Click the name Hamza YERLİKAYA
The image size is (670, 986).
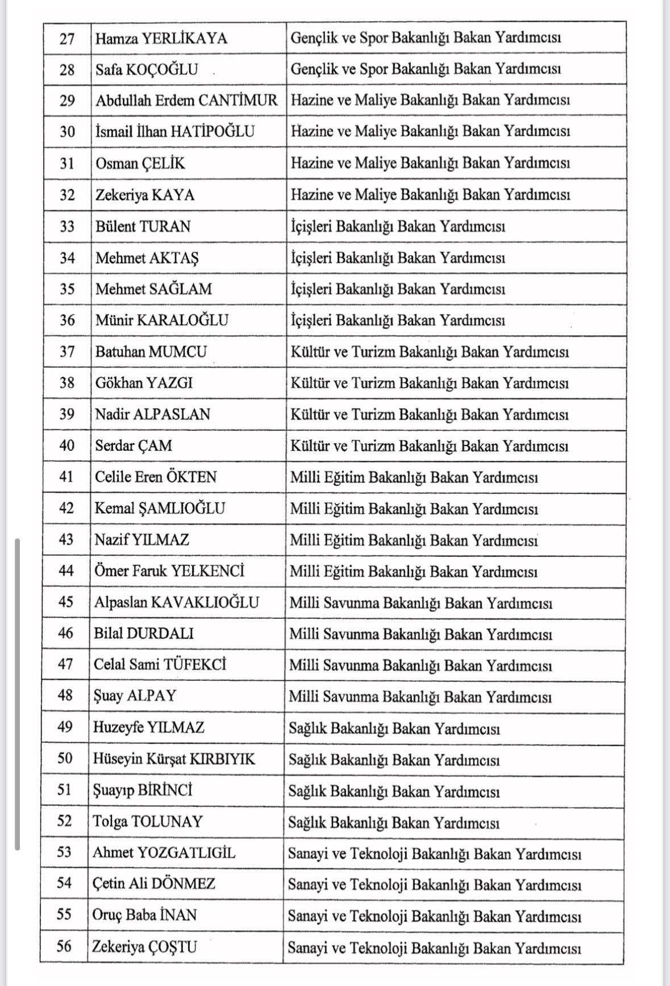pos(161,38)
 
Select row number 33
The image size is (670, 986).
pos(67,226)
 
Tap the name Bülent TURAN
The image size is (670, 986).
pos(143,226)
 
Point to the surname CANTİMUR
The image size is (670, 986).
pos(238,100)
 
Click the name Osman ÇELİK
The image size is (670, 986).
pos(140,163)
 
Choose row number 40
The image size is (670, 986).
pos(66,445)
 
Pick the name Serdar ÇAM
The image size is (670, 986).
pos(134,445)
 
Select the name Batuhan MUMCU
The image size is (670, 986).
pos(151,351)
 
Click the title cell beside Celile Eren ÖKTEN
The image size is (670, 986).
pos(414,477)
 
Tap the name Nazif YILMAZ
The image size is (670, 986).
pos(142,539)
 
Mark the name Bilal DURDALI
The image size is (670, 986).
pos(144,633)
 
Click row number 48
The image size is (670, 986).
pos(65,696)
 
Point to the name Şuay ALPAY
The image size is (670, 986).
pos(135,696)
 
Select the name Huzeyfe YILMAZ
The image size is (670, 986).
pos(149,727)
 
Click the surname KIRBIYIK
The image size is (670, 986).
pos(222,759)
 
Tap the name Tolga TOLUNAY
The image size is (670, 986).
pos(148,821)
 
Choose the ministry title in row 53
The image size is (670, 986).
pos(434,854)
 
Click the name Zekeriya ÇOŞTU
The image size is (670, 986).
pos(145,947)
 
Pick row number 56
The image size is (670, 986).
pos(64,947)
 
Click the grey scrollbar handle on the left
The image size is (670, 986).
pos(18,693)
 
